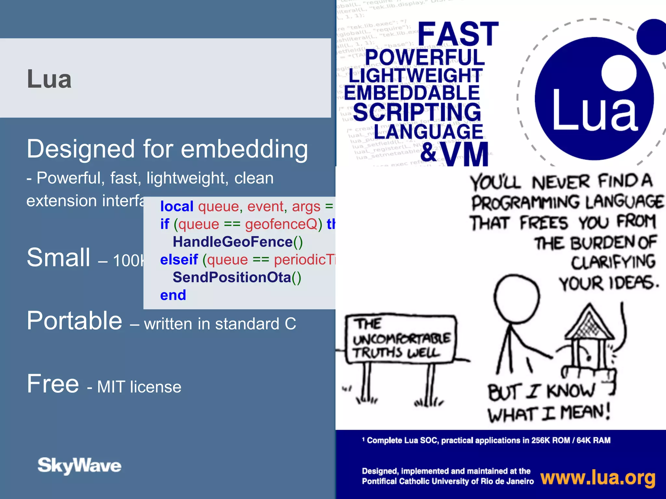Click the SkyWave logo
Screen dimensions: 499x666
tap(79, 465)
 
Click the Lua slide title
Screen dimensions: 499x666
tap(49, 79)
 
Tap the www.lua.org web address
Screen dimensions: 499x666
tap(598, 478)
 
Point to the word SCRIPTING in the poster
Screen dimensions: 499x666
tap(417, 112)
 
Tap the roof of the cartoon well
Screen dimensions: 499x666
tap(589, 323)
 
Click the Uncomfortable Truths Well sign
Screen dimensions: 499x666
tap(401, 339)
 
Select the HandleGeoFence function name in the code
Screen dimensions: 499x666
tap(233, 242)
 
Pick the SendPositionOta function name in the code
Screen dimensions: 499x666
tap(232, 277)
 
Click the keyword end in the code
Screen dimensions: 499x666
tap(173, 295)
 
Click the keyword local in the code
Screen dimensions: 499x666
tap(177, 207)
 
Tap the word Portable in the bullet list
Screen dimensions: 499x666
tap(74, 321)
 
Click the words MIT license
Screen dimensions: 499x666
tap(139, 387)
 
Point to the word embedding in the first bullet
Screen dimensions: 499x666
tap(244, 149)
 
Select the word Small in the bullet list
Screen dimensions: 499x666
tap(59, 258)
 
